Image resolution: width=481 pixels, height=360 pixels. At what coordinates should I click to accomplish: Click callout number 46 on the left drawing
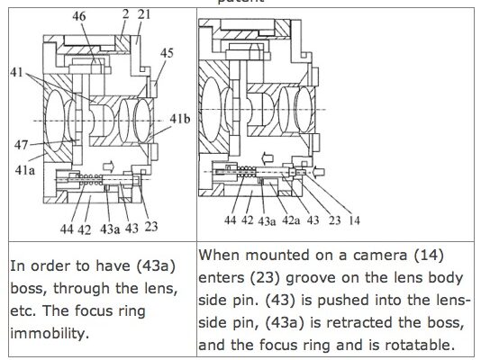tap(79, 16)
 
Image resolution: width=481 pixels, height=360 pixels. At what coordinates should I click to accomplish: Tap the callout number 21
tap(143, 14)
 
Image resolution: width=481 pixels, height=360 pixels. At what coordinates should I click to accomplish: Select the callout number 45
tap(167, 53)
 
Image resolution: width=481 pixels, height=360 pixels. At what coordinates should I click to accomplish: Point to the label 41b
tap(180, 119)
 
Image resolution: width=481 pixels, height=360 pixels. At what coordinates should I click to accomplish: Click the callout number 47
tap(21, 145)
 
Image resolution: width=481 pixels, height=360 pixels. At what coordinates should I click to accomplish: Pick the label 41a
tap(25, 170)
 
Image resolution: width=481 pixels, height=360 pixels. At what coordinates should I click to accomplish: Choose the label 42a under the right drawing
tap(291, 220)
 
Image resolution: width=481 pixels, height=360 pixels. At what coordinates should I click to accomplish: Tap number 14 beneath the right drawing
tap(354, 220)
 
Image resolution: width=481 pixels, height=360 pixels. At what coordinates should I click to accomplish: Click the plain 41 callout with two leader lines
tap(16, 72)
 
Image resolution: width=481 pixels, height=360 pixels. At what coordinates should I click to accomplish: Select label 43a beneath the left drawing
tap(110, 229)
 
